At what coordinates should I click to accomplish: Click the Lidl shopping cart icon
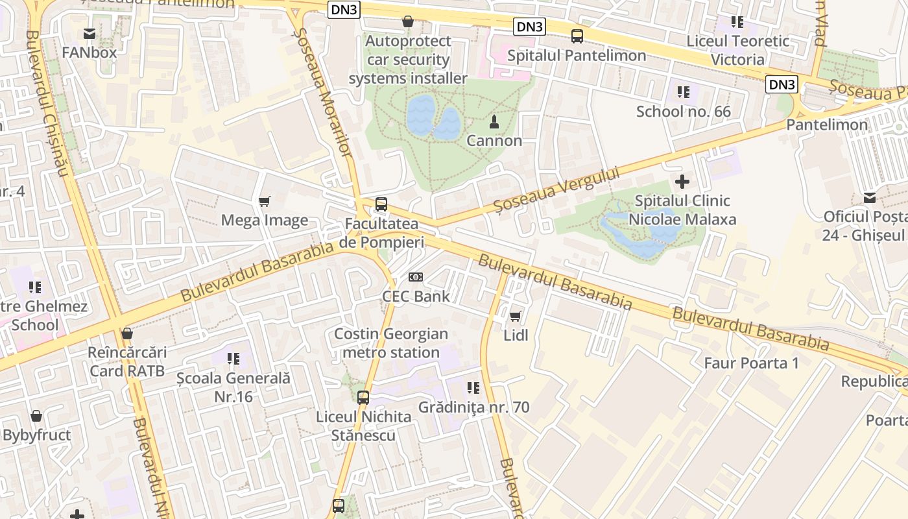click(x=515, y=316)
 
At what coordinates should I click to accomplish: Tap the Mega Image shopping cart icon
click(x=264, y=201)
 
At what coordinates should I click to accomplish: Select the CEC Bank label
click(x=416, y=296)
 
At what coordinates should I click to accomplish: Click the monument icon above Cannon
click(x=494, y=121)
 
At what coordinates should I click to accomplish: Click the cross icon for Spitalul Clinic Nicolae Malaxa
click(x=682, y=182)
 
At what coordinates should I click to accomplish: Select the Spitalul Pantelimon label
click(x=577, y=56)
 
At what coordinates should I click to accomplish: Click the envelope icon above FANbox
click(x=90, y=33)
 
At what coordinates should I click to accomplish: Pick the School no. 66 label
click(x=683, y=112)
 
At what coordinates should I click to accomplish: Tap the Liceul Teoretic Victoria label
click(x=737, y=50)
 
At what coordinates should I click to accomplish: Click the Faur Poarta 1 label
click(x=751, y=363)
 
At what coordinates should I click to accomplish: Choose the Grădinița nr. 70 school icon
click(x=473, y=388)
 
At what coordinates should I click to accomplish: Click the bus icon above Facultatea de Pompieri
click(x=381, y=204)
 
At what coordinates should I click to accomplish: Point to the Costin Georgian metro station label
click(x=390, y=343)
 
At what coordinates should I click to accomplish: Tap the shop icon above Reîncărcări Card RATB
click(x=127, y=333)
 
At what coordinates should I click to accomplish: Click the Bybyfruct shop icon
click(x=36, y=415)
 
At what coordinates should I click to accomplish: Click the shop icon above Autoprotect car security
click(x=408, y=21)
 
